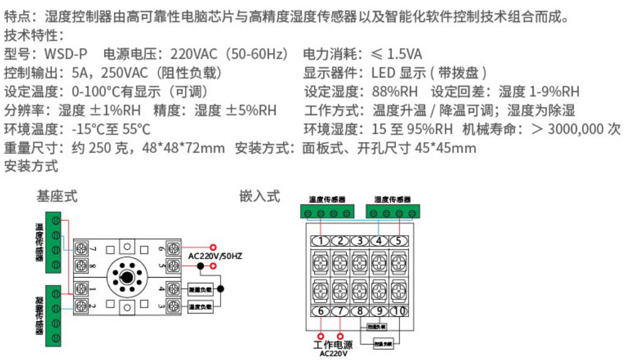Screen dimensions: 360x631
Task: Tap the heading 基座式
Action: [57, 197]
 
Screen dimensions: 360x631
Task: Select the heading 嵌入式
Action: [260, 197]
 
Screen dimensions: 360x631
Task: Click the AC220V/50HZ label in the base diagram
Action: [215, 255]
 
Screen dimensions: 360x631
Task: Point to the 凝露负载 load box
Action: [200, 289]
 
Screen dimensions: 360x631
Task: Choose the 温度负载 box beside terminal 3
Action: [200, 306]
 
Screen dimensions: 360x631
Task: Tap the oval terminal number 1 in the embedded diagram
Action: [320, 241]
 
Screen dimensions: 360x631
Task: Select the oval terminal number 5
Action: [399, 241]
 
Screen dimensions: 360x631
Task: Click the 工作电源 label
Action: [333, 345]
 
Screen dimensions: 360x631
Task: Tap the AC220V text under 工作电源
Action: [333, 354]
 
